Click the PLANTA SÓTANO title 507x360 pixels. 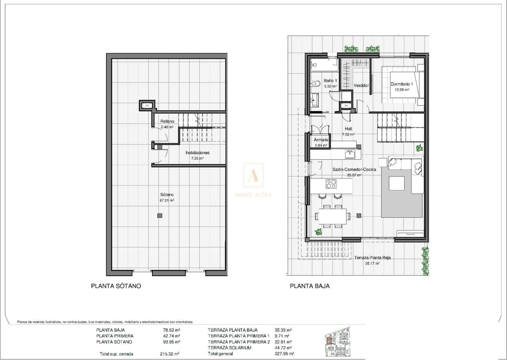point(116,286)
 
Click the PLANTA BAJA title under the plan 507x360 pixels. point(310,286)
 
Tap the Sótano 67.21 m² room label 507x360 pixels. point(167,197)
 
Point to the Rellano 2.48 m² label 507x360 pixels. point(167,124)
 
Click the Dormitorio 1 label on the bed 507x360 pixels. point(401,87)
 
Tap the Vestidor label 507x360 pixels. point(361,86)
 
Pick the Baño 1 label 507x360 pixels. point(330,83)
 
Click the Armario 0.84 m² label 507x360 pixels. point(321,142)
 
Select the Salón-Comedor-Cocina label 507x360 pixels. point(354,172)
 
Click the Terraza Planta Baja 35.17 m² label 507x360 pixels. point(372,260)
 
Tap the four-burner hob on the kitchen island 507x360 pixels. point(331,184)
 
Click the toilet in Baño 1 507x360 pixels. point(316,84)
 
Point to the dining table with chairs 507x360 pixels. point(332,216)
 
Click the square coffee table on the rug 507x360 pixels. point(396,183)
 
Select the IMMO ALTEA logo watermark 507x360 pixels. point(253,181)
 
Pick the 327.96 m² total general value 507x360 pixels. point(284,354)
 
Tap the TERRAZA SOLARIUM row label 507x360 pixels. point(229,348)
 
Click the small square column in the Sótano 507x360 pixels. point(160,215)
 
